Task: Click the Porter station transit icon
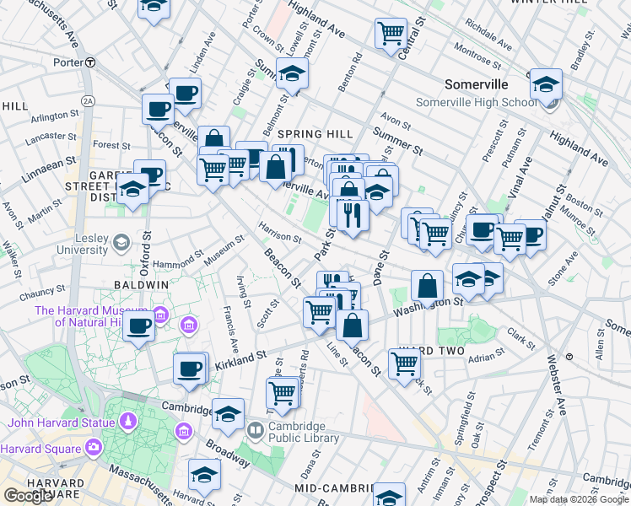coord(90,62)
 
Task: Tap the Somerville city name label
coord(477,84)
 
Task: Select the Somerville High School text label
coord(476,103)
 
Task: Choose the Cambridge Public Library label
coord(304,432)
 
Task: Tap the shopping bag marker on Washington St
coord(428,287)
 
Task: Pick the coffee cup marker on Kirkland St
coord(190,369)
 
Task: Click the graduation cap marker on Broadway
coord(227,413)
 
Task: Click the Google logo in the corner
coord(28,496)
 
